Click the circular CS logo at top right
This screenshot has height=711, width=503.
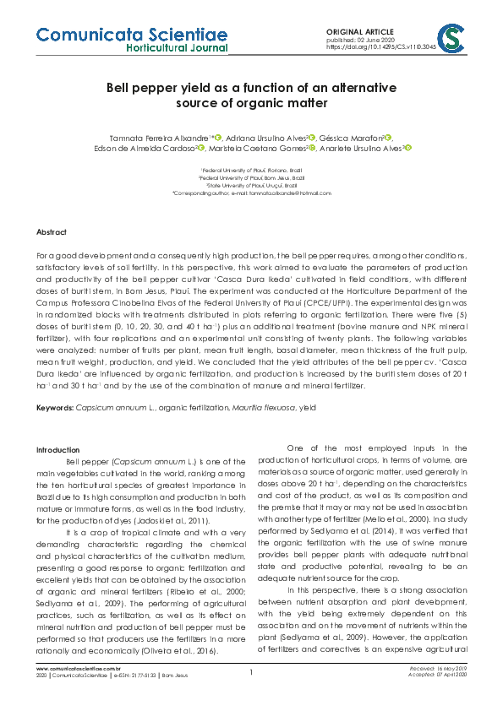tap(454, 38)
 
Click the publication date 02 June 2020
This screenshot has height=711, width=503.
tap(377, 40)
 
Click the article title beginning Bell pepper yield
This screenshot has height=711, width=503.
tap(251, 95)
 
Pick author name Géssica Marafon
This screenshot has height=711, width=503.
tap(353, 137)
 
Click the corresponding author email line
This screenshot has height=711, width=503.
tap(251, 193)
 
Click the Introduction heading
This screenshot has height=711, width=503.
tap(57, 449)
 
